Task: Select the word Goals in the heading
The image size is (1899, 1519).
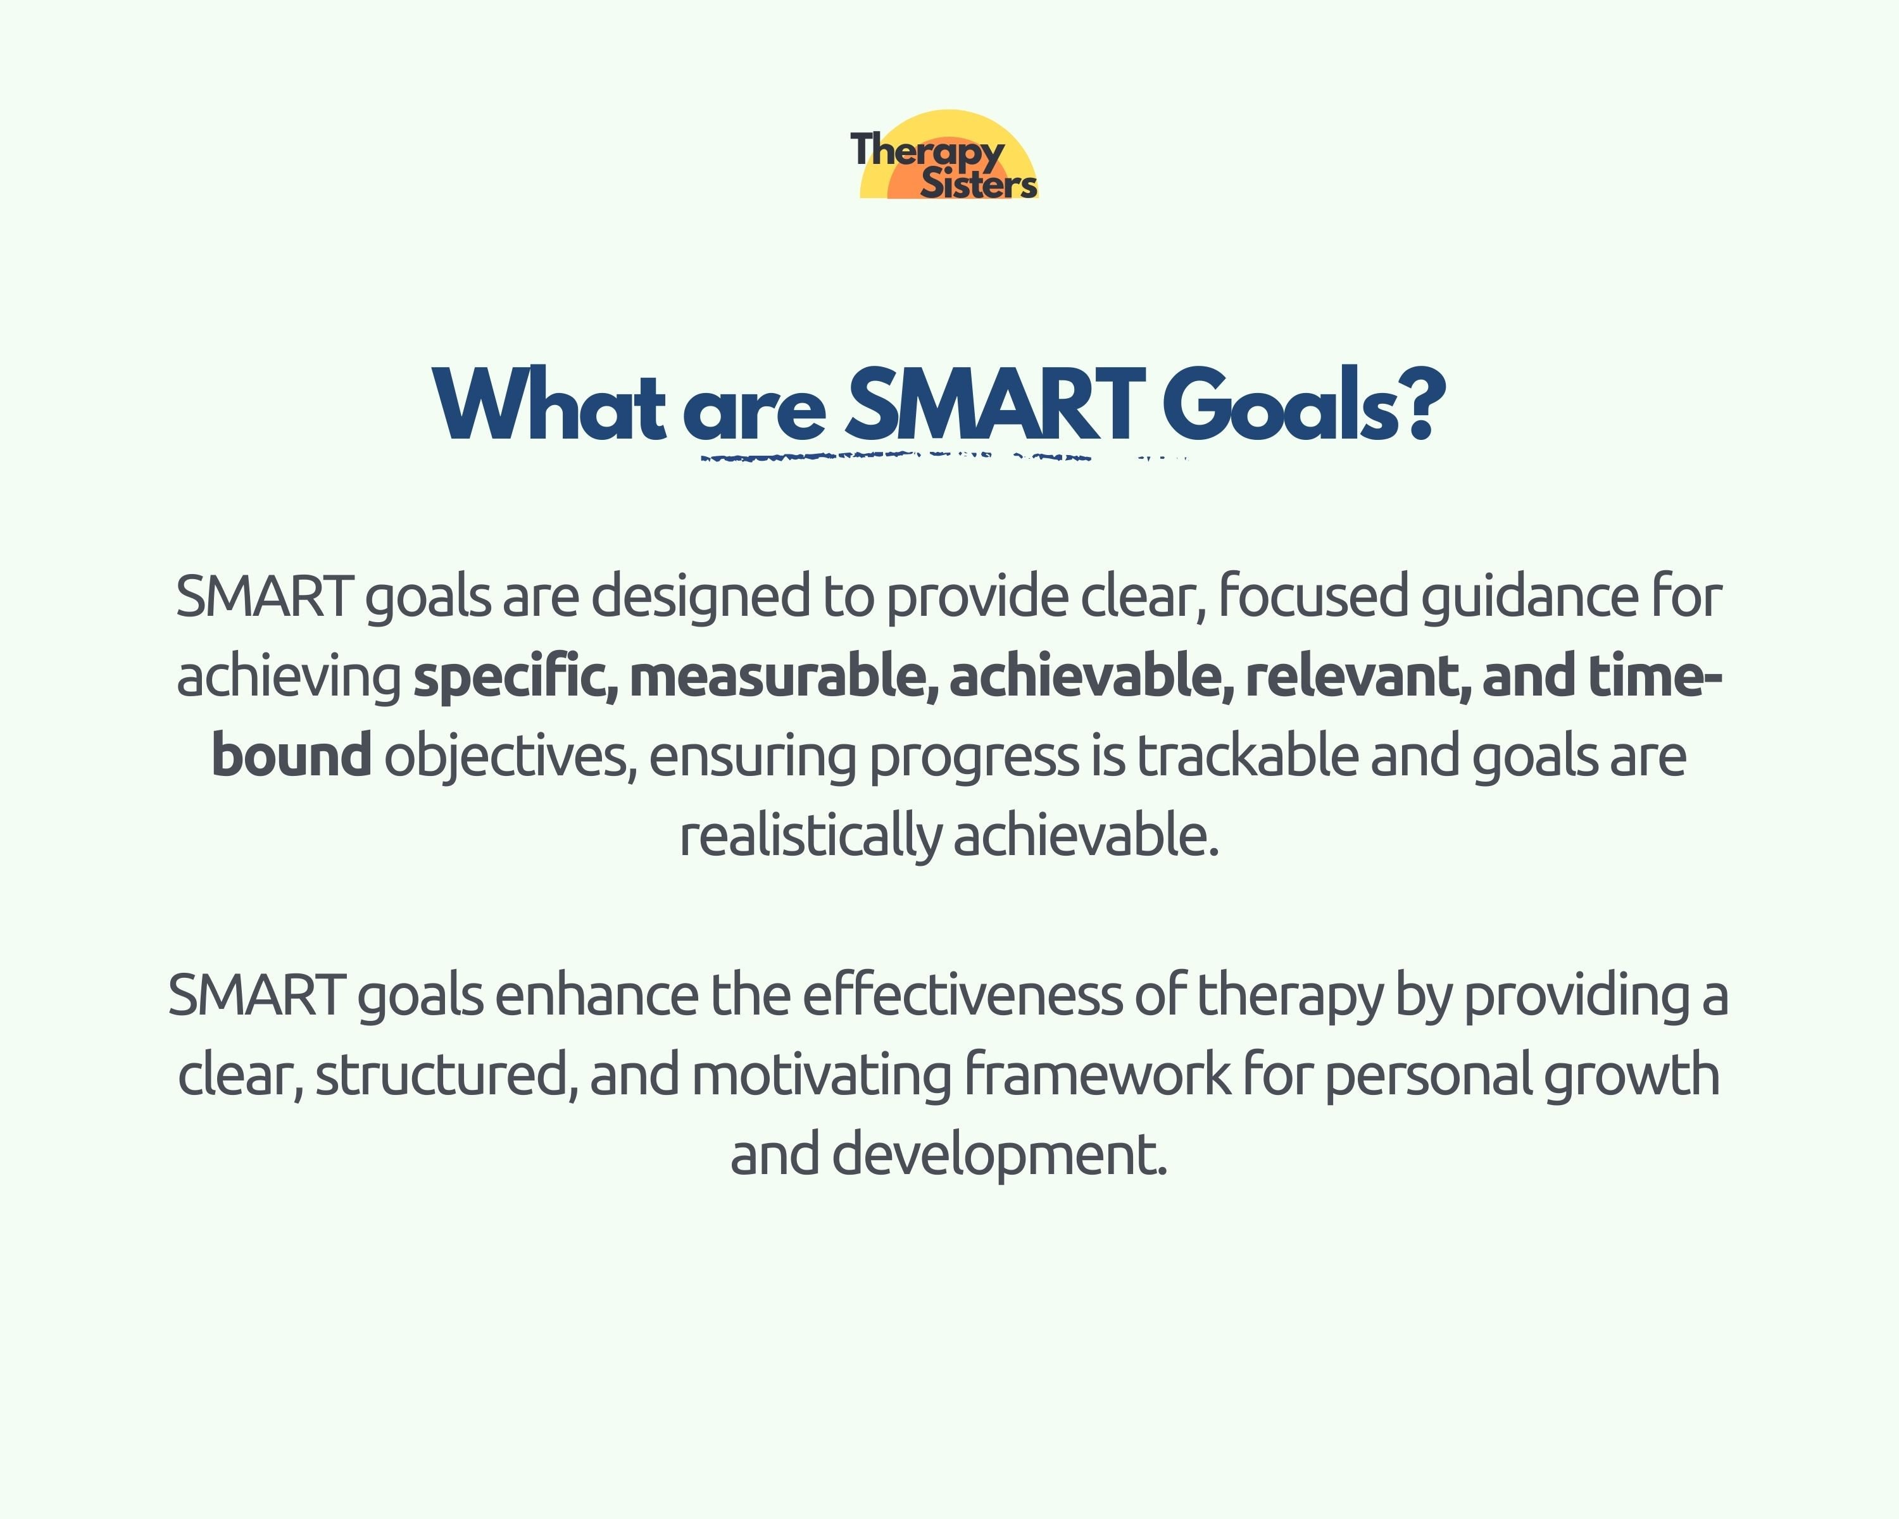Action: pyautogui.click(x=1280, y=405)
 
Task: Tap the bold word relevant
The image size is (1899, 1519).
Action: pyautogui.click(x=1357, y=677)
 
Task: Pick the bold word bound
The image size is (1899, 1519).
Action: pyautogui.click(x=291, y=756)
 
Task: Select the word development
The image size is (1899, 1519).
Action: pyautogui.click(x=999, y=1155)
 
